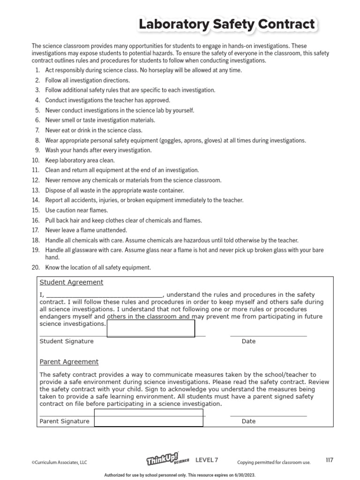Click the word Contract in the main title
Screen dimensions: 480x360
click(x=277, y=25)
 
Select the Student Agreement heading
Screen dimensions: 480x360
click(x=71, y=282)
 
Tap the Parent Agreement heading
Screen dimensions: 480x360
click(x=69, y=362)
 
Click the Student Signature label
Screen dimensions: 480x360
click(x=67, y=341)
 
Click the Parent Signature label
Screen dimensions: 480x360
click(x=64, y=421)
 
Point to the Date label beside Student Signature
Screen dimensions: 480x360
click(x=248, y=341)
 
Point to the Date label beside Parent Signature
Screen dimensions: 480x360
click(x=248, y=421)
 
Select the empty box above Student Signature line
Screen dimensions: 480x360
click(x=151, y=329)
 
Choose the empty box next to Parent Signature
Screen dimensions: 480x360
click(x=149, y=418)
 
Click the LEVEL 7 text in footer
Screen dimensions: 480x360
click(x=207, y=460)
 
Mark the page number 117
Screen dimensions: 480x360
click(x=329, y=460)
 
